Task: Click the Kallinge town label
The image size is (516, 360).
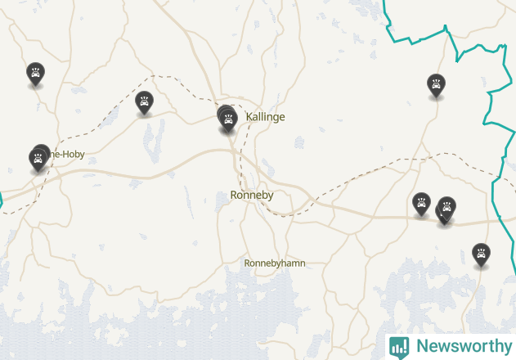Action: (265, 117)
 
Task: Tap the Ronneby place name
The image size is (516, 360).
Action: (251, 195)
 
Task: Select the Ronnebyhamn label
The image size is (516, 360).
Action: (275, 263)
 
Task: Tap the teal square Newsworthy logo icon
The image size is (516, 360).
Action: (399, 346)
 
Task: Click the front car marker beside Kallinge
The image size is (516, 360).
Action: (229, 120)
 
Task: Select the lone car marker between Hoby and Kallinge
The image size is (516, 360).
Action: (145, 101)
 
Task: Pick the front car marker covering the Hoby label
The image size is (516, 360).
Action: (37, 158)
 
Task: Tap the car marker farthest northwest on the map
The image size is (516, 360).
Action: (35, 73)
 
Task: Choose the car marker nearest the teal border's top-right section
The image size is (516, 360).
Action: (437, 84)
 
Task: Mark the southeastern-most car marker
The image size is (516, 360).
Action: (482, 254)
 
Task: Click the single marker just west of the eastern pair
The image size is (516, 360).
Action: (421, 203)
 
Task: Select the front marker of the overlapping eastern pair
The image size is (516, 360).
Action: (447, 207)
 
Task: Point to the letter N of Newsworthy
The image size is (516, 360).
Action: (422, 346)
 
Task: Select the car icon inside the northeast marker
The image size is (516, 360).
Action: (437, 83)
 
